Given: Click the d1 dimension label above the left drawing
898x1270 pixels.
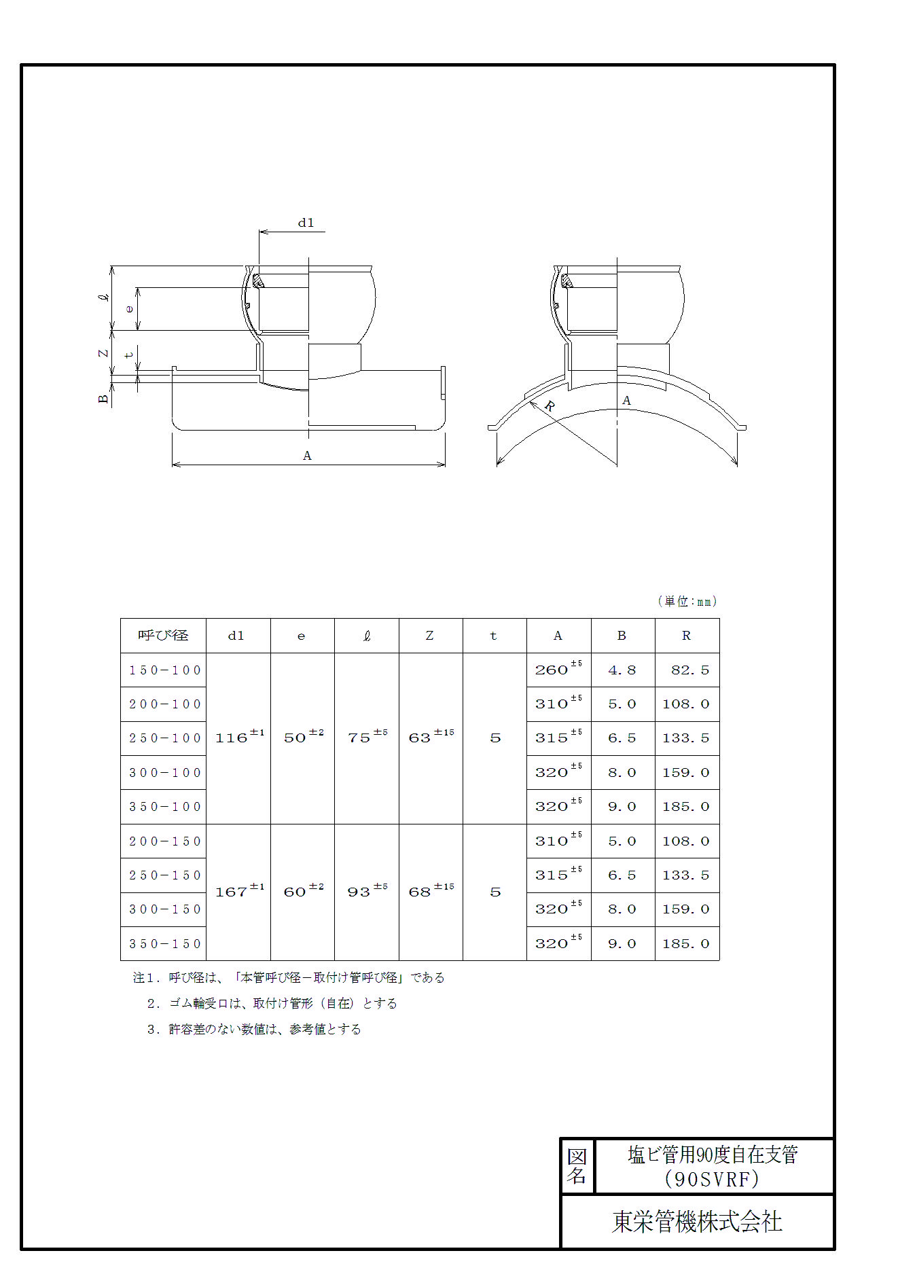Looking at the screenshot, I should pos(306,223).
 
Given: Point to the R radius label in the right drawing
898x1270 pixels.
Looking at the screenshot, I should pos(550,406).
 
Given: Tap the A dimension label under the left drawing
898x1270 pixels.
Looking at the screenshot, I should pos(307,456).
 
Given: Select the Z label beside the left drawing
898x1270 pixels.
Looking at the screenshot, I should pos(103,353).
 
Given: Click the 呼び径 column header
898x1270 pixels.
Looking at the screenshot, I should pos(163,636).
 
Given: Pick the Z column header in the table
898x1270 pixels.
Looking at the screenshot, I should pos(429,636).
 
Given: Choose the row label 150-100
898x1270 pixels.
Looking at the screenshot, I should pos(164,670).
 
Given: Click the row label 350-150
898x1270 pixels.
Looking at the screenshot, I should pos(164,944).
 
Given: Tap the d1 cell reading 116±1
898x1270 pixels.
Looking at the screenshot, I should pos(238,738).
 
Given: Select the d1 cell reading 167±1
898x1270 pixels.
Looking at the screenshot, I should pos(238,892).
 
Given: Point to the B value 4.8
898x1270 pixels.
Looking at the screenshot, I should pos(622,670).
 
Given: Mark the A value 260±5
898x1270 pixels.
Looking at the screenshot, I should pos(558,670).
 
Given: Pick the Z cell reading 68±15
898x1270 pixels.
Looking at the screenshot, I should pos(431,892).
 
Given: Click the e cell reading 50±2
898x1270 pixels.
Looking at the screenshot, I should pos(303,738).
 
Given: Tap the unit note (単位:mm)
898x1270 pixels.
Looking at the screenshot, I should pos(687,601).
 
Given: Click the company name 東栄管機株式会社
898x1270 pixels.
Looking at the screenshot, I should pos(697,1222).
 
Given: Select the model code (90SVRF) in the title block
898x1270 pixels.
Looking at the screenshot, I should pos(712,1179).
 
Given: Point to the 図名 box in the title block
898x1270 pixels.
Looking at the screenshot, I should pos(577,1166).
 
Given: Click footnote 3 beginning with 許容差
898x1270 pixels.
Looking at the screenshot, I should pos(254,1030).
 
